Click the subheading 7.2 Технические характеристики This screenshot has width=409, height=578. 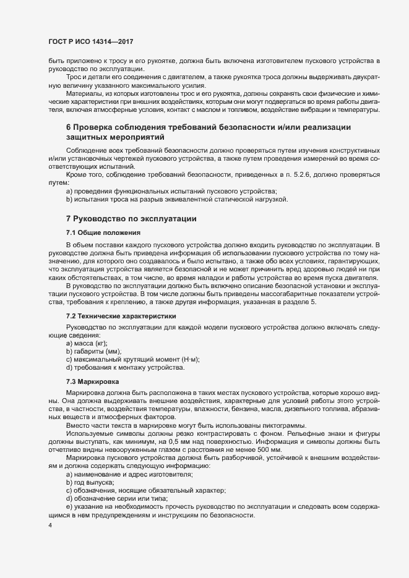coord(121,317)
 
